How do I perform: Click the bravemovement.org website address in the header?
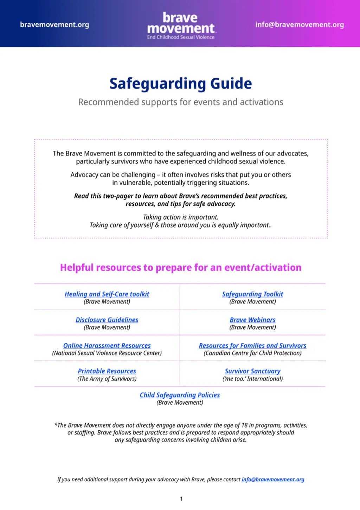54,25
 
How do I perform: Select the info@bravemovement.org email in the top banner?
300,25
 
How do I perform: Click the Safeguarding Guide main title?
181,84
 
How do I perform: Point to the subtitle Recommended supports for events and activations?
181,102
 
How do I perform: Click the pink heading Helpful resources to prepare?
181,268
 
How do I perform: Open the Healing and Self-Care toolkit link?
107,294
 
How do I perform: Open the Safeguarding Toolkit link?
252,294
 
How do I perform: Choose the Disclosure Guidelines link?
107,320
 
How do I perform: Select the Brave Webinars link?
252,320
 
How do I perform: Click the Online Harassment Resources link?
107,346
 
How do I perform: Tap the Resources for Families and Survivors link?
252,346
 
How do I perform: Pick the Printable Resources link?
107,371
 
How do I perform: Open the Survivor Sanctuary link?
252,371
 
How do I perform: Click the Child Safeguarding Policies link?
180,395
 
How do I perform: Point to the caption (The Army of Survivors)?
107,379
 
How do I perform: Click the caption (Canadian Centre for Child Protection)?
252,353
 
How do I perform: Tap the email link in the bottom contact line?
273,479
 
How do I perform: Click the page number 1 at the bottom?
181,499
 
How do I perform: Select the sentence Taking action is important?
181,217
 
